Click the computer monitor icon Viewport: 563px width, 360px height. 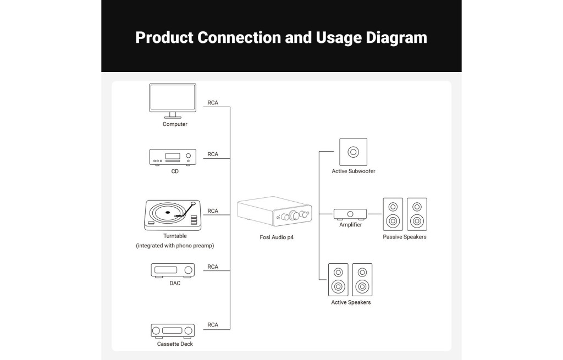pos(173,99)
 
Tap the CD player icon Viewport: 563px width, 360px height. pos(173,157)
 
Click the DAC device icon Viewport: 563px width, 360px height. pos(173,270)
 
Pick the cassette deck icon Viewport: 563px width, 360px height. pos(173,330)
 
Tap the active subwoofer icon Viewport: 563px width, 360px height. pos(353,152)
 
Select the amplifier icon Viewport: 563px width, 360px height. pos(350,213)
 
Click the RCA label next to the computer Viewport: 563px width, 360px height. pos(213,103)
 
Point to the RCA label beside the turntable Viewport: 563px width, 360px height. pos(213,211)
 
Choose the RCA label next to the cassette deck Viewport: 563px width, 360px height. pos(213,325)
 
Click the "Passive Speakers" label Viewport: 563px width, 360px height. pos(405,237)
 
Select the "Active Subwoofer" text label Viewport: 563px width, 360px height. pos(354,171)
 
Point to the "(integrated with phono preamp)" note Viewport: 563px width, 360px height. pos(175,246)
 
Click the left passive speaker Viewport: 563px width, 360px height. pos(393,214)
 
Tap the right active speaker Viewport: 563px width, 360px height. pos(362,280)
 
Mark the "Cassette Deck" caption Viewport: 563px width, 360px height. pos(175,344)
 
